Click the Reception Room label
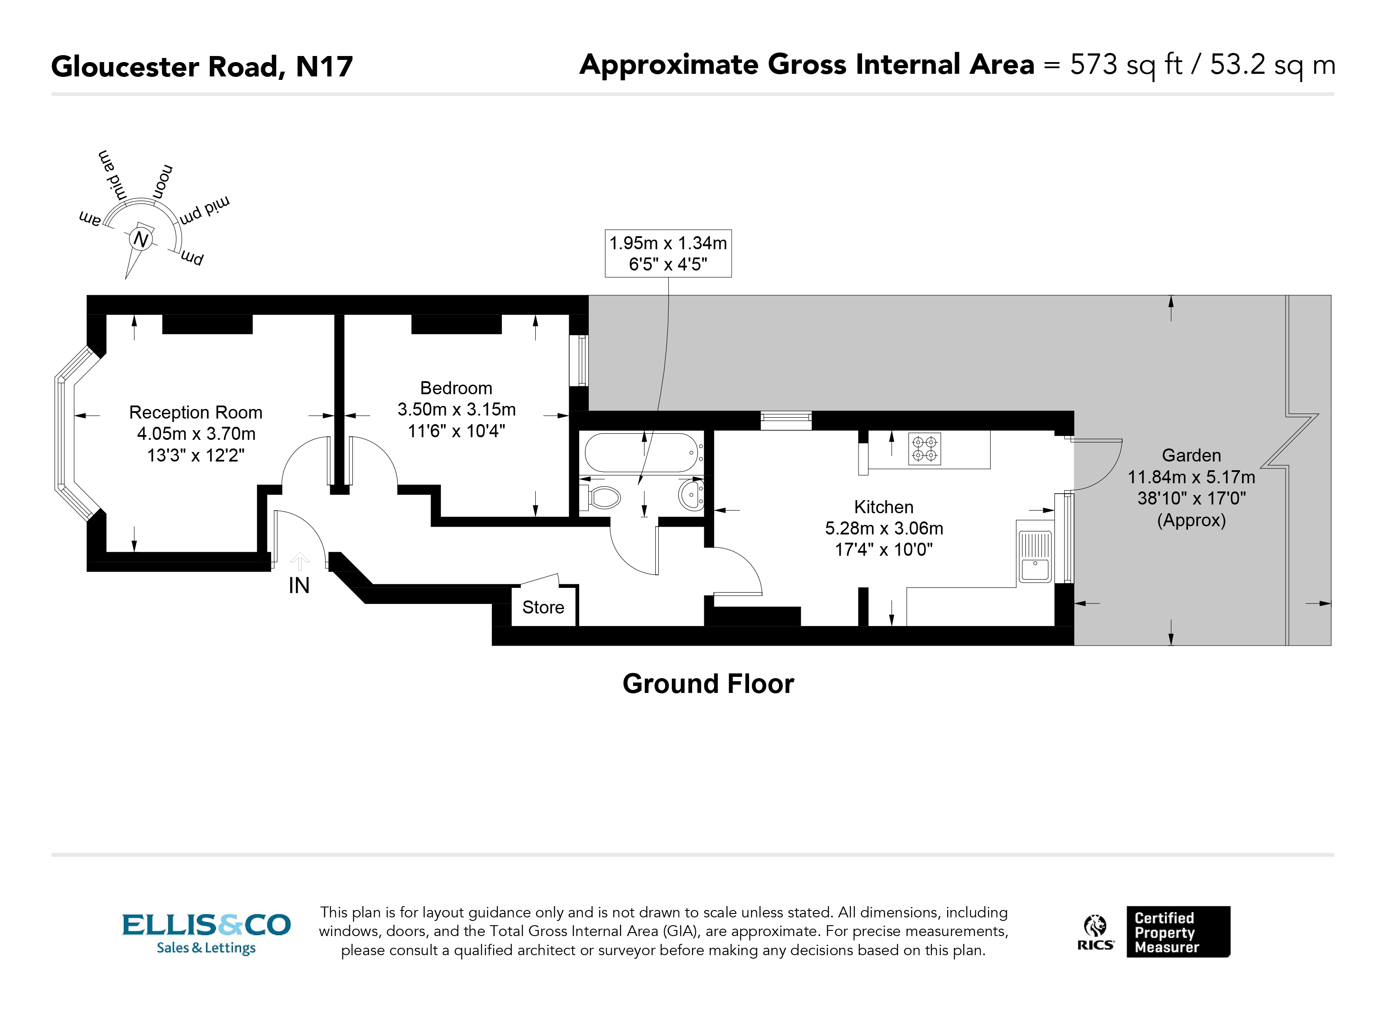(x=196, y=413)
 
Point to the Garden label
(x=1190, y=455)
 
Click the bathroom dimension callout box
(x=667, y=254)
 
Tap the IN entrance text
(x=299, y=586)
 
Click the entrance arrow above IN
(x=299, y=561)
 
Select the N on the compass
(x=141, y=239)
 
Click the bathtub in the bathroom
(x=641, y=452)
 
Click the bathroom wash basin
(x=691, y=494)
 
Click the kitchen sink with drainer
(x=1034, y=556)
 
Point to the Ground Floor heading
(x=708, y=684)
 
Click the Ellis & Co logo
(x=206, y=933)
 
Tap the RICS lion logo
(x=1095, y=933)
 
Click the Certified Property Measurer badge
(x=1177, y=932)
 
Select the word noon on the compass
(x=162, y=181)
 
